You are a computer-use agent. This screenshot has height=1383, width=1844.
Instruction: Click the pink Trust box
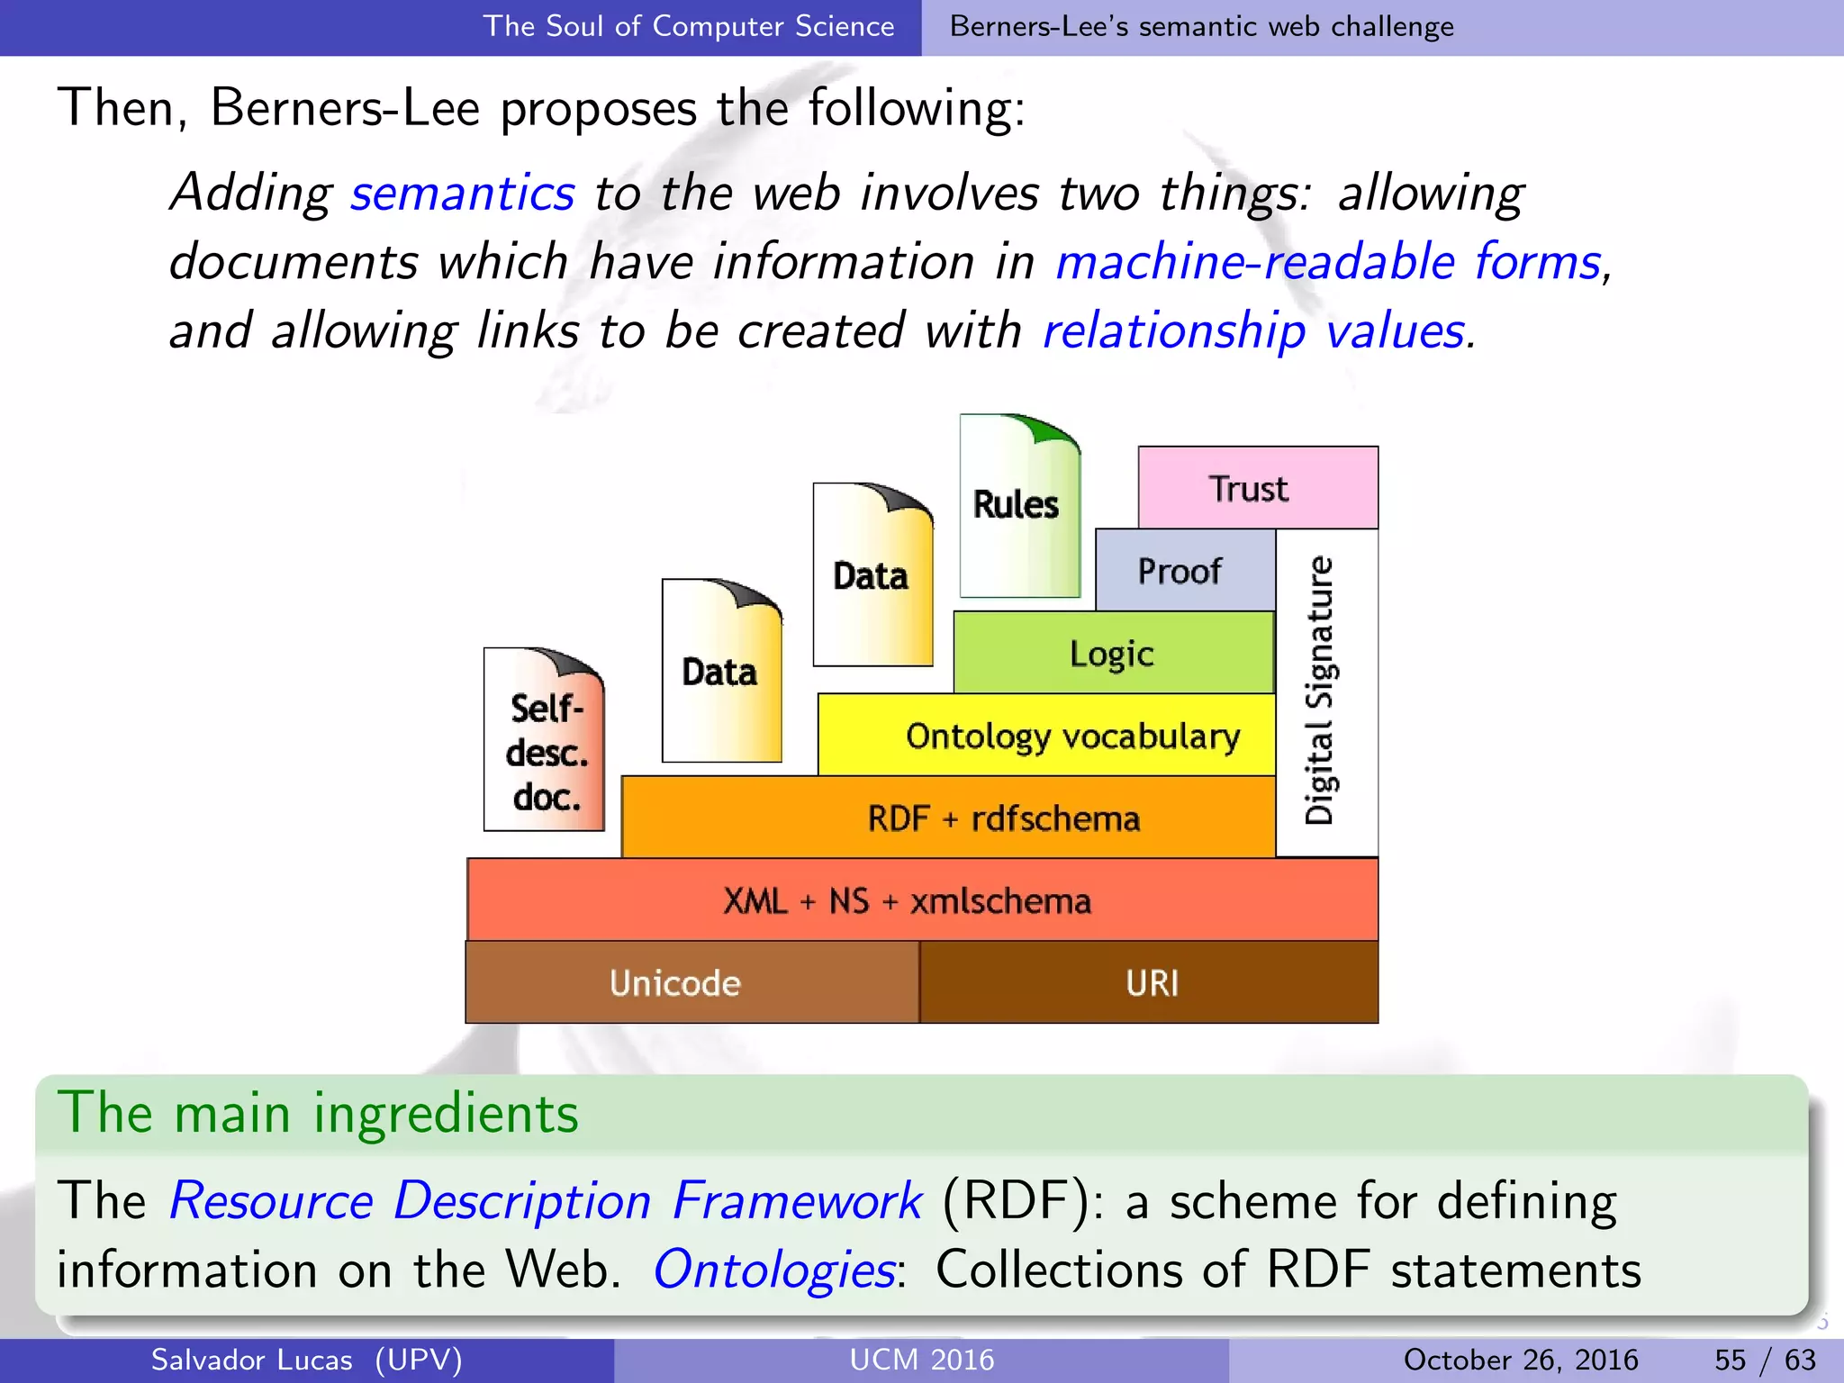point(1257,487)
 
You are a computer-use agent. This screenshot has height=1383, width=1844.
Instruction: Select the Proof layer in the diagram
point(1183,570)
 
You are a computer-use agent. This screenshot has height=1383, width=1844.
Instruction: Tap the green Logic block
point(1113,653)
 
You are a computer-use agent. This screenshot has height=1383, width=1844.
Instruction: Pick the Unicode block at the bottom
point(675,982)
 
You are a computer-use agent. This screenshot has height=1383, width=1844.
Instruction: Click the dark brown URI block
point(1151,982)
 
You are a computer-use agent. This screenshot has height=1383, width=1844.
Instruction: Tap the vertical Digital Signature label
point(1320,691)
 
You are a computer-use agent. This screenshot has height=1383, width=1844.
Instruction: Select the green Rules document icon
point(1017,506)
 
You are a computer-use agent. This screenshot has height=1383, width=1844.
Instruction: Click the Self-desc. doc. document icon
point(546,740)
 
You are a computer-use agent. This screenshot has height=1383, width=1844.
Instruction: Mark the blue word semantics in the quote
point(462,192)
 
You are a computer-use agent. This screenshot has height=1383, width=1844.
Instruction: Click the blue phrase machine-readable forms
point(1329,261)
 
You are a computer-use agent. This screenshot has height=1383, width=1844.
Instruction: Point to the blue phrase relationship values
point(1255,330)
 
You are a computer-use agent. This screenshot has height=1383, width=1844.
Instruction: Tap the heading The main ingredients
point(318,1113)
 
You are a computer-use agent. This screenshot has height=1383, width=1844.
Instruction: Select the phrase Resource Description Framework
point(546,1200)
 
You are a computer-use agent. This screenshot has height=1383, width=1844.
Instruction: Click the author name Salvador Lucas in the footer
point(252,1360)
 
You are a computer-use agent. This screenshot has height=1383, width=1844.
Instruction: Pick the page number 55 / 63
point(1765,1360)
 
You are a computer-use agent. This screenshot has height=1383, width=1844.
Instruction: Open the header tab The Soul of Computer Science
point(689,26)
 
